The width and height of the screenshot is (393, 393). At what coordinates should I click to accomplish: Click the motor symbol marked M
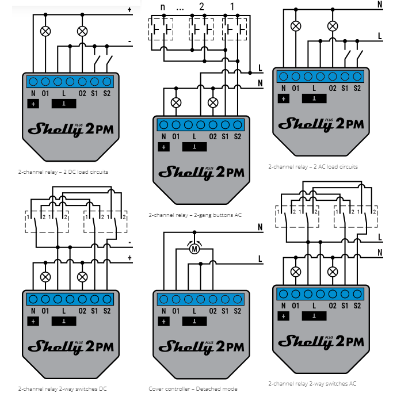194,249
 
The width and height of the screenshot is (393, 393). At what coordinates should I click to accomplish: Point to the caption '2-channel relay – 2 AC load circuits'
313,167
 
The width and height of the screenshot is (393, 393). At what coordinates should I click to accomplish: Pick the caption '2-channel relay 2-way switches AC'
312,383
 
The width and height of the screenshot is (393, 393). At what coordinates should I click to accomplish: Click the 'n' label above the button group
162,7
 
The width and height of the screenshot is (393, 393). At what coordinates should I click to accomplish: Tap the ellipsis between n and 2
180,7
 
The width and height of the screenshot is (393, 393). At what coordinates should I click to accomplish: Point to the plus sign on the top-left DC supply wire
129,9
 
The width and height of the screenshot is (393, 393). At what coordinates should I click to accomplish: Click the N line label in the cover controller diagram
261,227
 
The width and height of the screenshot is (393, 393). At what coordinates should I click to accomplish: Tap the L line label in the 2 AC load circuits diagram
380,36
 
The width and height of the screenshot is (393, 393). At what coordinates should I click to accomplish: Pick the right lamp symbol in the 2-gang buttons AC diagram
213,102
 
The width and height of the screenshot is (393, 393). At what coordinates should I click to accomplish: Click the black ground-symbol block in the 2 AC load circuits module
313,98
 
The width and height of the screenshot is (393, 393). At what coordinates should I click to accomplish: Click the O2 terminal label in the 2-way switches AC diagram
332,305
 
